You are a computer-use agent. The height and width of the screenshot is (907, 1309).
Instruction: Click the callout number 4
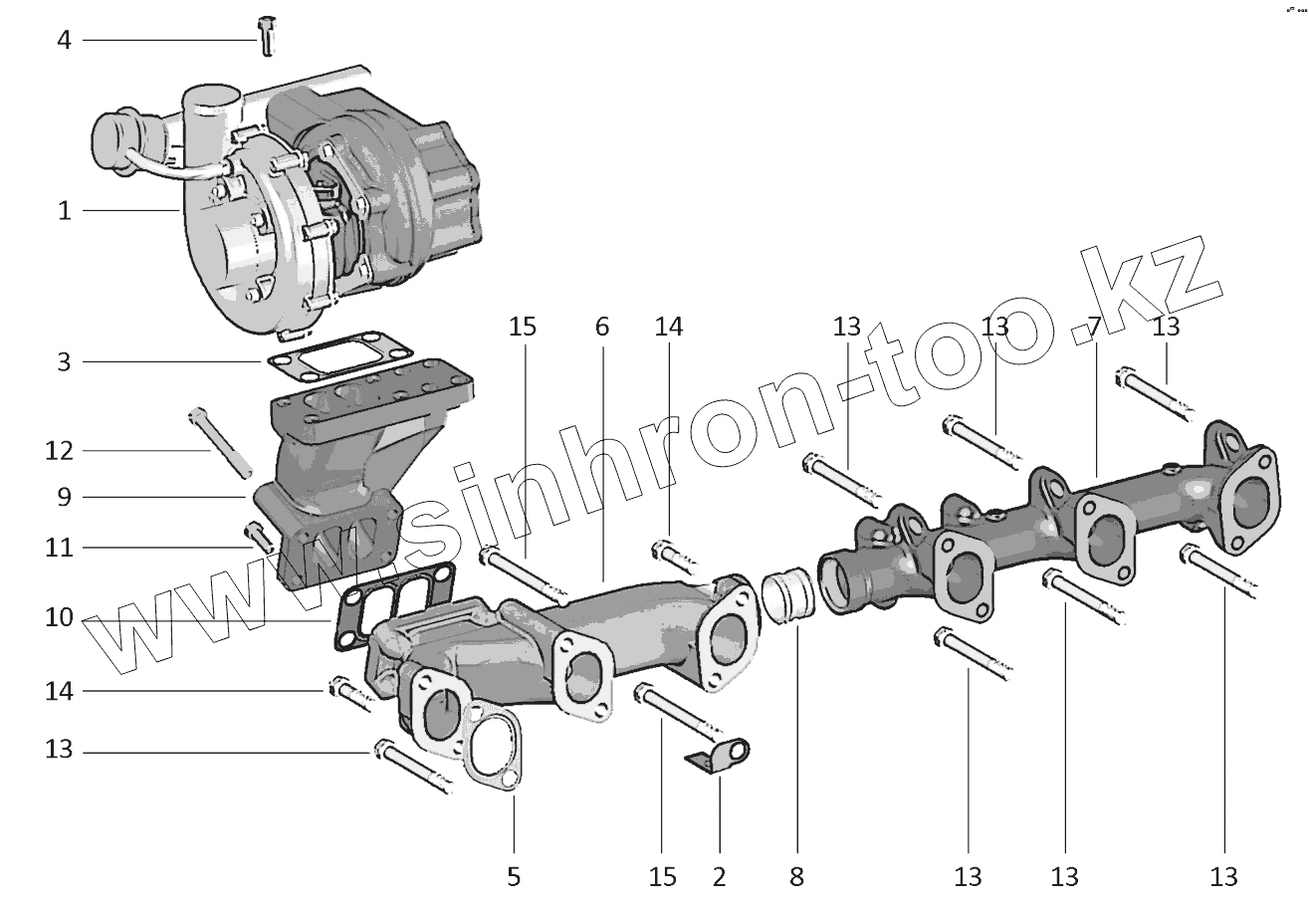tap(64, 41)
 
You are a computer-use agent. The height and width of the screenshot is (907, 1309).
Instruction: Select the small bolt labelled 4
tap(266, 35)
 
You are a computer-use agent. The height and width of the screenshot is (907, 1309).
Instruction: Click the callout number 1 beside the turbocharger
tap(64, 211)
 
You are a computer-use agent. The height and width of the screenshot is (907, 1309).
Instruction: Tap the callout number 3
tap(64, 361)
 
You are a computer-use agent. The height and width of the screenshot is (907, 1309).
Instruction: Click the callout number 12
tap(60, 452)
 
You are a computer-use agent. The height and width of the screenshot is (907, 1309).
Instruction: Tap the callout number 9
tap(64, 497)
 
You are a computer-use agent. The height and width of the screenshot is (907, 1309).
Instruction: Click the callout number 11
tap(60, 548)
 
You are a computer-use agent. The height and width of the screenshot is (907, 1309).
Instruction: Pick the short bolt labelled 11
tap(261, 538)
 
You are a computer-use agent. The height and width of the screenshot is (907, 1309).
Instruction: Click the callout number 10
tap(60, 618)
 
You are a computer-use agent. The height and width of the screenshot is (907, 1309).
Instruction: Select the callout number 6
tap(602, 327)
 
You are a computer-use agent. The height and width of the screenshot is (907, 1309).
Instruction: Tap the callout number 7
tap(1094, 327)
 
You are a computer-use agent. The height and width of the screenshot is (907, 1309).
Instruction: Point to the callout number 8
tap(795, 876)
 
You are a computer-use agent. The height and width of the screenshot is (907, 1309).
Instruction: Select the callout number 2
tap(720, 876)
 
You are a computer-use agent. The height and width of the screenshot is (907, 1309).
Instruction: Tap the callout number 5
tap(514, 876)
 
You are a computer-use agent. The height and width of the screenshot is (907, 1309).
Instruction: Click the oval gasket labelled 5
tap(489, 747)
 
